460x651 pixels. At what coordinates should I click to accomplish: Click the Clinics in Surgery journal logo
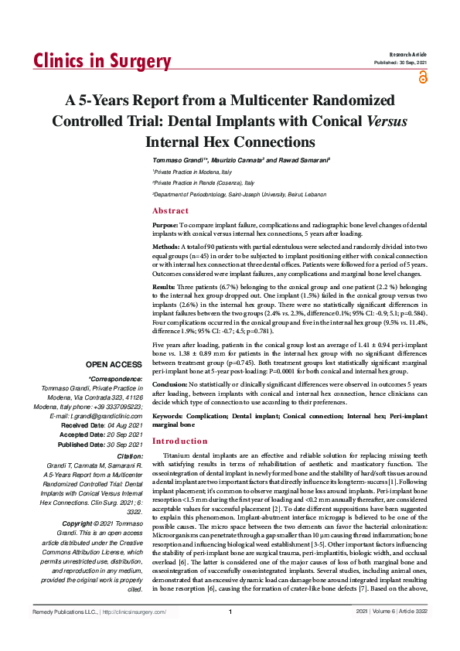coord(101,62)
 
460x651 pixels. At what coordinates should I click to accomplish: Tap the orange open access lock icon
coord(422,77)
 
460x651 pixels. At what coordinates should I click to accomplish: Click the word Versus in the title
coord(386,121)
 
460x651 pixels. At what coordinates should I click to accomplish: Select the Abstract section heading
coord(170,210)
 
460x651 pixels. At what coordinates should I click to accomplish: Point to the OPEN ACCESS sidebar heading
coord(114,363)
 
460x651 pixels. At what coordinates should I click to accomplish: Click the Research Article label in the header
coord(409,54)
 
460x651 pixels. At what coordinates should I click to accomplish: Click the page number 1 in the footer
coord(230,634)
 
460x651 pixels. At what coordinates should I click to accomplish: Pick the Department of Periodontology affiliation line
coord(240,195)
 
